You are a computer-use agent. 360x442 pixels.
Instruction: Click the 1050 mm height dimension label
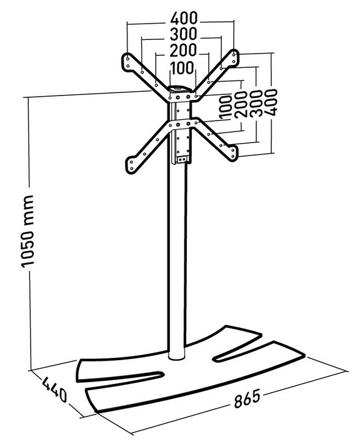[27, 230]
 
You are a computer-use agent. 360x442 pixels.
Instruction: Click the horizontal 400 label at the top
[184, 19]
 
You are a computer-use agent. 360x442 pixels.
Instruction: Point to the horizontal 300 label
[183, 34]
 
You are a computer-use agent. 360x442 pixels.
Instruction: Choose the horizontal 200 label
[183, 51]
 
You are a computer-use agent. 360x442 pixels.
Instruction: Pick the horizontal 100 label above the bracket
[182, 68]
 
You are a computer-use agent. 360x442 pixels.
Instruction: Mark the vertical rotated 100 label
[226, 107]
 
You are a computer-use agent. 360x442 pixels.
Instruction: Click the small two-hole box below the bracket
[182, 160]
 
